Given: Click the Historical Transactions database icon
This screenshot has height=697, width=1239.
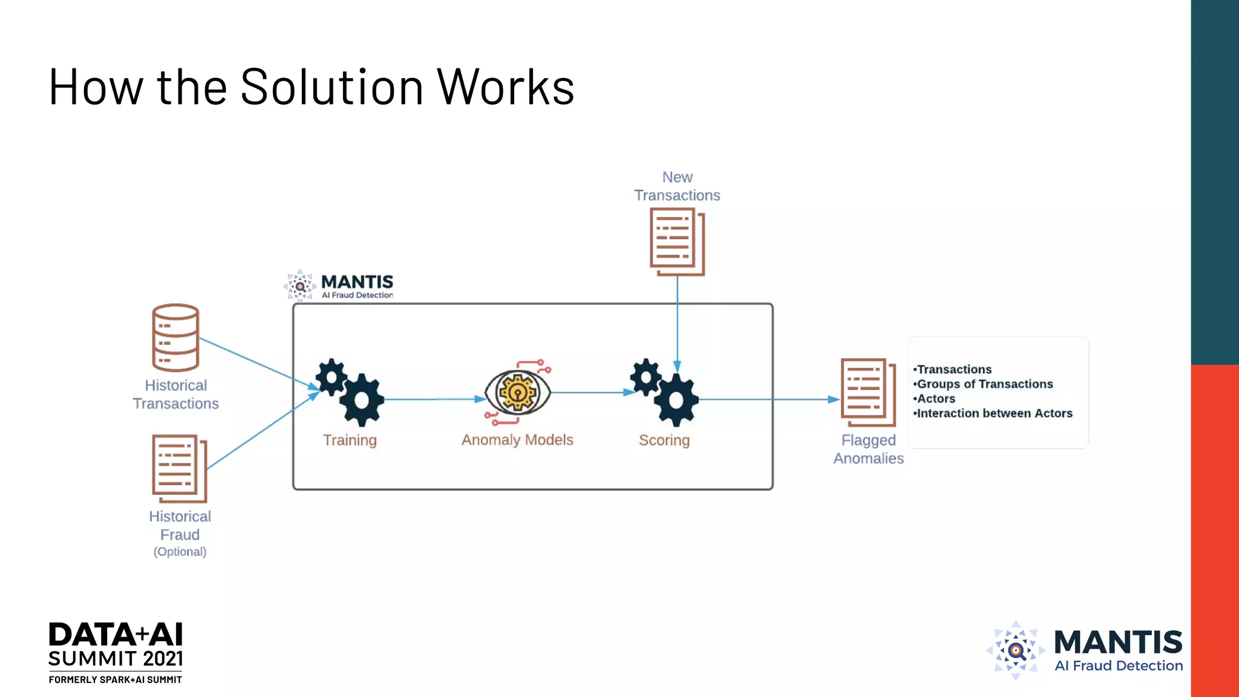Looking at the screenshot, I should coord(175,337).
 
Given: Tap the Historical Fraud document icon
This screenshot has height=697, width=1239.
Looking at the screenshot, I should coord(179,468).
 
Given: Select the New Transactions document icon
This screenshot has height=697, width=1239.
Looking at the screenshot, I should coord(677,241).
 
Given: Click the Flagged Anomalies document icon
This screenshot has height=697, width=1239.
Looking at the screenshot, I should coord(868,392).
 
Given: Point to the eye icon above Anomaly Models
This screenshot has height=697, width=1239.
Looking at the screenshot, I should coord(517,393).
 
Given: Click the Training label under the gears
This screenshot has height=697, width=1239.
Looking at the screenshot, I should coord(350,440).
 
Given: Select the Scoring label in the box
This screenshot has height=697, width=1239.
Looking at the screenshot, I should coord(664,440).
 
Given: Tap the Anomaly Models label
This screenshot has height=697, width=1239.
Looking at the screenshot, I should coord(517,440).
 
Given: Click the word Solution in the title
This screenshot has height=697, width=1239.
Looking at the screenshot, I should coord(332,87).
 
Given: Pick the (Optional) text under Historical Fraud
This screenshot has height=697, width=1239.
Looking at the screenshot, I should coord(180,552).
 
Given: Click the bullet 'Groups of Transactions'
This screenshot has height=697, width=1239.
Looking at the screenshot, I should coord(984,384).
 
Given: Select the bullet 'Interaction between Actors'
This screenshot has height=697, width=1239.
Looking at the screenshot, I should coord(994,413).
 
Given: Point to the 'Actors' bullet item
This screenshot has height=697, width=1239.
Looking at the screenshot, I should coord(935,399).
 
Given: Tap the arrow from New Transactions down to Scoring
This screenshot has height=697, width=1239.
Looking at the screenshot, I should coord(677,321).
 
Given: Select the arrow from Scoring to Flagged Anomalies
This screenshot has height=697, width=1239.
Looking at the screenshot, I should coord(768,399).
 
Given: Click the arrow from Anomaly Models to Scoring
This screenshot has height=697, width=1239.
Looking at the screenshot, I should coord(590,393).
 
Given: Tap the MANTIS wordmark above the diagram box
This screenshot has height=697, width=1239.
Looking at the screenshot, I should coord(357,282).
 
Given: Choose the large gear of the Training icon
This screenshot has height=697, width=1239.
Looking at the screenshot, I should coord(362,400).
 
